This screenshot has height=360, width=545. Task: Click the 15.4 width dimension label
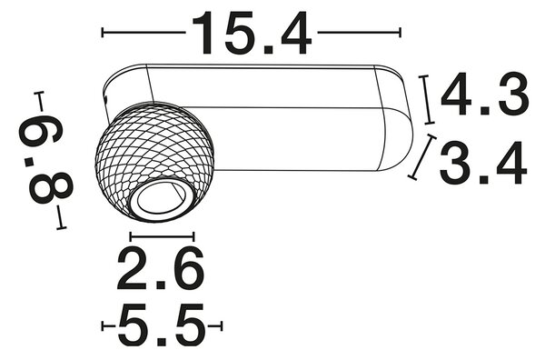(x=252, y=33)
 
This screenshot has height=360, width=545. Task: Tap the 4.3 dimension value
(x=485, y=95)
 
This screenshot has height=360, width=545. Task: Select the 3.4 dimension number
(x=483, y=163)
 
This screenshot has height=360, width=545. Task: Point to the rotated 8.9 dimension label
(x=45, y=160)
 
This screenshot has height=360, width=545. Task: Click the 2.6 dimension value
(x=160, y=268)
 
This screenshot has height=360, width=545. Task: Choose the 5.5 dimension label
(x=162, y=326)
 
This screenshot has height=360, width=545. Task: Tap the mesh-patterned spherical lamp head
(x=155, y=161)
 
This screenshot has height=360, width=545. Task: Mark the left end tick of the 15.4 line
(x=103, y=33)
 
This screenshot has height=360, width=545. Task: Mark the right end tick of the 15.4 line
(x=401, y=33)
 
